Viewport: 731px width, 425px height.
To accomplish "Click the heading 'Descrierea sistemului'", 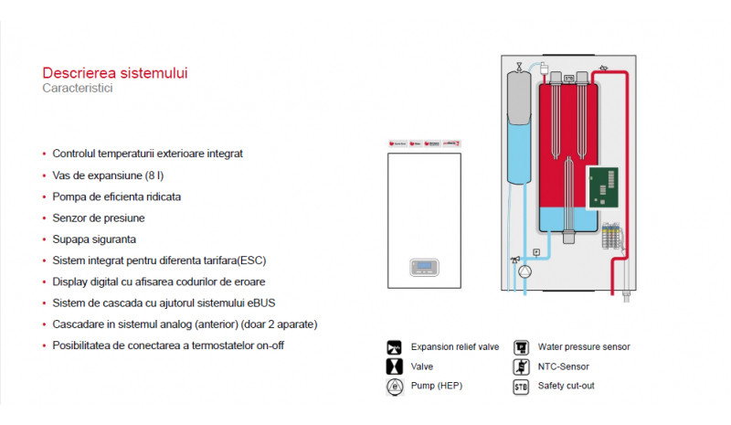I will pos(115,73).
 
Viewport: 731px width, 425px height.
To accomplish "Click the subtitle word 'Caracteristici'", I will pos(78,89).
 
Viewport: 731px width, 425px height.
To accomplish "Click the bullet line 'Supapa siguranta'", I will pos(94,239).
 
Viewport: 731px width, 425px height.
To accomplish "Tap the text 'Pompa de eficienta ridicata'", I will pos(117,197).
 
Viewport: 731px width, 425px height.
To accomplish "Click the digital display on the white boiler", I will pos(423,267).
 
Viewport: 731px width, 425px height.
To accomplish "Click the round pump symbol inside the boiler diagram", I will pos(525,271).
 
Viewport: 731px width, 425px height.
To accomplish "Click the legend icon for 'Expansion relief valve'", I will pos(394,347).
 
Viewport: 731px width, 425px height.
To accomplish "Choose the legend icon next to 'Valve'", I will pos(394,367).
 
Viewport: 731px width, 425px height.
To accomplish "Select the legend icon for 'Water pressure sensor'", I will pos(521,347).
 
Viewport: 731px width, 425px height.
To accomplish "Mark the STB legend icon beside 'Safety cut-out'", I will pos(521,386).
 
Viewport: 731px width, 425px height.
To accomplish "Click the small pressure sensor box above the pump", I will pos(537,251).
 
